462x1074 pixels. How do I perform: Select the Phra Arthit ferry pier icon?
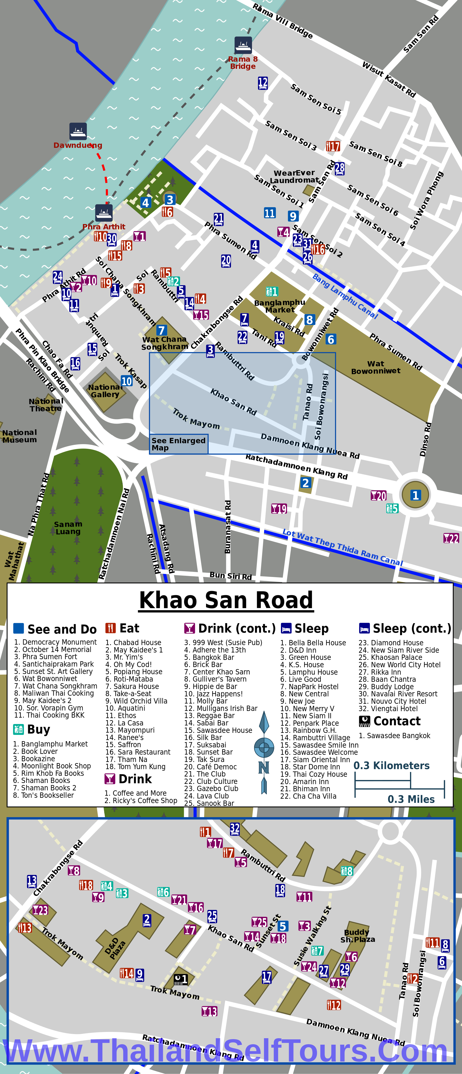click(104, 213)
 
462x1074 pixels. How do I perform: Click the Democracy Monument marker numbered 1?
click(415, 495)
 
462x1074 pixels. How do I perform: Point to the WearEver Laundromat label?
click(294, 176)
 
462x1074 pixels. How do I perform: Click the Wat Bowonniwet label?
click(376, 367)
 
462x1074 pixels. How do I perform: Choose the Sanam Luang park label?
click(68, 527)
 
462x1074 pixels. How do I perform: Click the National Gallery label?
click(105, 391)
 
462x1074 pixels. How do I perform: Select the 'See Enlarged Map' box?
click(179, 444)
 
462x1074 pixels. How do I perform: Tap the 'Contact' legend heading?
click(397, 721)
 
